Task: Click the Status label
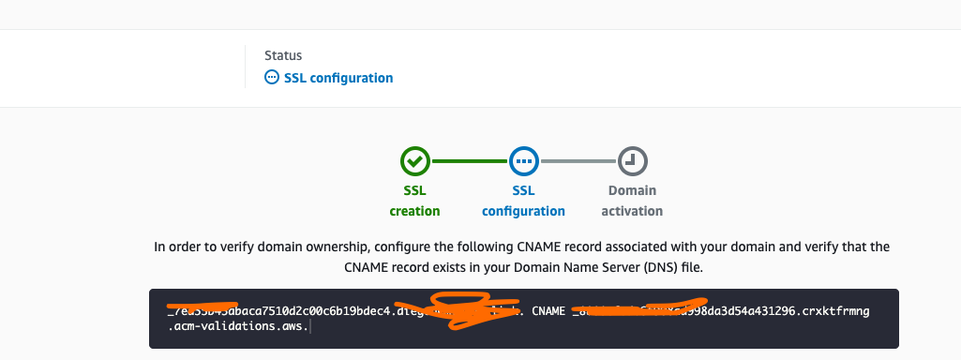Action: pos(283,56)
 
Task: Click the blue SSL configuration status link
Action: pos(338,78)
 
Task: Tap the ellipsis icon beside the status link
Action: pos(272,78)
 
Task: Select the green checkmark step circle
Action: pos(414,161)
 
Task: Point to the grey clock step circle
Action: pos(632,161)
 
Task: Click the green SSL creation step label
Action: pos(414,202)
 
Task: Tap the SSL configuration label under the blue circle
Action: pos(523,202)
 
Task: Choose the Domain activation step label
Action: pos(632,202)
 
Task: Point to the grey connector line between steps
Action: pos(578,161)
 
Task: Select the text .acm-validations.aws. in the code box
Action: pos(238,328)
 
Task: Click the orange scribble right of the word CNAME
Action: pos(638,310)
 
